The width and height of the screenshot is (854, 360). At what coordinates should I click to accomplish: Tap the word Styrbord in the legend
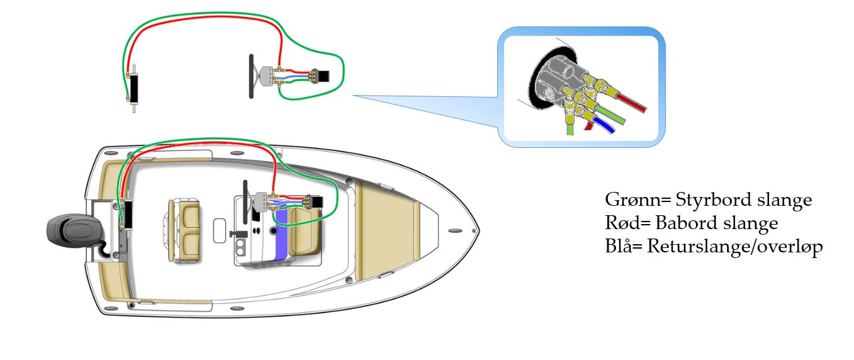pos(711,201)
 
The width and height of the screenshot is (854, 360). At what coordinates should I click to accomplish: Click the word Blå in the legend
pos(620,247)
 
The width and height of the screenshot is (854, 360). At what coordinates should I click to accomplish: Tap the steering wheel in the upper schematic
pos(251,75)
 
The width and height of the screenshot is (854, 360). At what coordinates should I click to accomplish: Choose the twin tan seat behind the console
pos(184,223)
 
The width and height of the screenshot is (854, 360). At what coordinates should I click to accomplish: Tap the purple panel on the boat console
pos(281,233)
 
